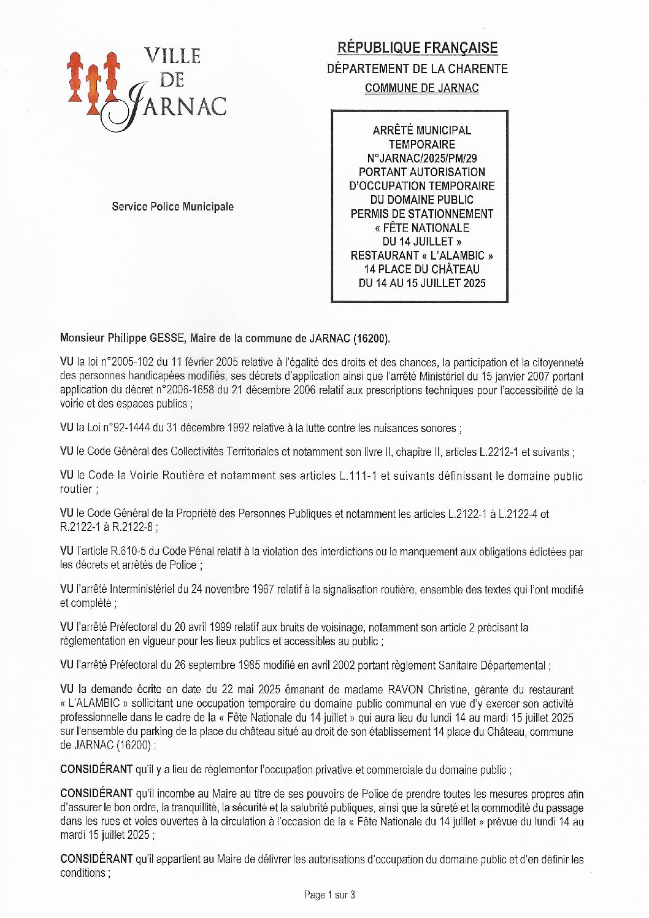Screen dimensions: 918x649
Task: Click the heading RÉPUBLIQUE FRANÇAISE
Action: tap(417, 48)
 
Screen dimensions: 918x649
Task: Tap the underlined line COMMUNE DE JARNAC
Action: tap(421, 88)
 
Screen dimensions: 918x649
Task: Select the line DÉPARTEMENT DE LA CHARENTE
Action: tap(417, 69)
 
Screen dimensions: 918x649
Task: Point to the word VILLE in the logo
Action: tap(172, 56)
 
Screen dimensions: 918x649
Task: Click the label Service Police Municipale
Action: tap(172, 207)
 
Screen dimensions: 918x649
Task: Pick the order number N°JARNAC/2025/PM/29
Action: tap(422, 158)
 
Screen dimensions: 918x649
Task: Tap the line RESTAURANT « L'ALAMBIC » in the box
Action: tap(422, 255)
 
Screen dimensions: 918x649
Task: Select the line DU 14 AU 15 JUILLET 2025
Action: tap(422, 283)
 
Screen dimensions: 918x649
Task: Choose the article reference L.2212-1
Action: tap(498, 452)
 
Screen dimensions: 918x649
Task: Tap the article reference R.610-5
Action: tap(128, 552)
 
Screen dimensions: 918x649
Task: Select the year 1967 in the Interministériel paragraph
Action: tap(263, 590)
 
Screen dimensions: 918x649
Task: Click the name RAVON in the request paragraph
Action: tap(405, 690)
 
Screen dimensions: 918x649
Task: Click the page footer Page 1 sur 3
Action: tap(329, 895)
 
